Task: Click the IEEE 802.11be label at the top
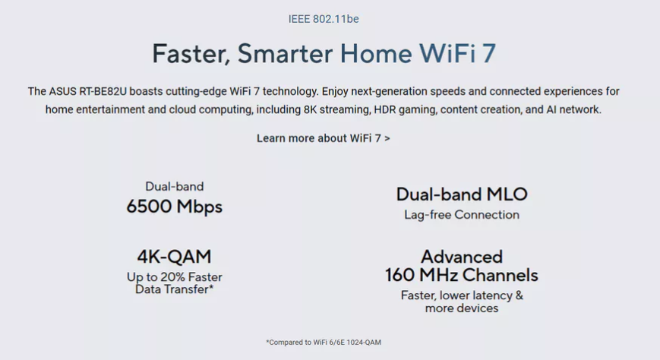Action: pos(324,19)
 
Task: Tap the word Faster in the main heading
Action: pos(191,53)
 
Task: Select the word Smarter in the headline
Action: pos(285,53)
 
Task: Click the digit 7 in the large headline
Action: pos(488,53)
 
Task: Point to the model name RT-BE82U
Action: pos(103,91)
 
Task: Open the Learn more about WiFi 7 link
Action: pos(324,138)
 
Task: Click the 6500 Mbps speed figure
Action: pos(174,207)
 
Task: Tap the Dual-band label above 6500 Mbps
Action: pos(174,186)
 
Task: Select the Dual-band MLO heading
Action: pos(462,194)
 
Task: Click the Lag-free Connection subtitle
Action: pos(462,215)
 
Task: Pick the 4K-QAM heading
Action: pos(174,257)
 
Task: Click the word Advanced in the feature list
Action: pos(462,257)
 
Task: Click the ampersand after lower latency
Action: pos(519,295)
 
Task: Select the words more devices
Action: pos(462,308)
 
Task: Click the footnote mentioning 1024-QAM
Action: pos(324,343)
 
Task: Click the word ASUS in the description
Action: pos(63,91)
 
